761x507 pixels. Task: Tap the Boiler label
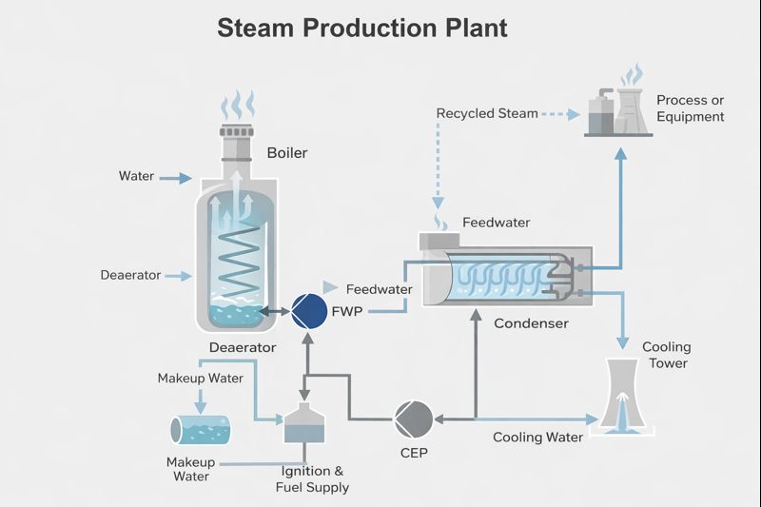point(287,152)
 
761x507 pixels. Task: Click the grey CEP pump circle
point(414,417)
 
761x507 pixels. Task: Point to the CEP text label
point(414,453)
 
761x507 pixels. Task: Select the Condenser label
point(531,323)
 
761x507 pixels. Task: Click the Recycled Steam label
point(486,113)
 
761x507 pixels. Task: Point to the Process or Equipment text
point(690,108)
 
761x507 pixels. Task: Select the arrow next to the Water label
point(174,177)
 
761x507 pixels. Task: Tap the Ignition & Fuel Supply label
point(312,479)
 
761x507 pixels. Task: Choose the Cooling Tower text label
point(666,355)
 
